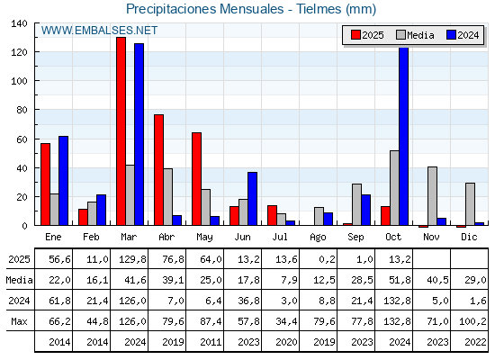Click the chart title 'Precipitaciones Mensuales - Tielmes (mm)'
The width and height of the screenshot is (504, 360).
pyautogui.click(x=251, y=9)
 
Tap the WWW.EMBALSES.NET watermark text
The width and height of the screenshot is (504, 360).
pyautogui.click(x=100, y=31)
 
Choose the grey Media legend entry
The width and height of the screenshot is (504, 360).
pyautogui.click(x=415, y=35)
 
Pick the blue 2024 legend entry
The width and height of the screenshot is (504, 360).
pyautogui.click(x=463, y=35)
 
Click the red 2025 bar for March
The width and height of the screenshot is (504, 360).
pyautogui.click(x=121, y=131)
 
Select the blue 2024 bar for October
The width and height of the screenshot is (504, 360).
pyautogui.click(x=403, y=137)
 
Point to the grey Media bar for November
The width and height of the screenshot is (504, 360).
pyautogui.click(x=432, y=196)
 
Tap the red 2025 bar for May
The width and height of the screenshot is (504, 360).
pyautogui.click(x=196, y=178)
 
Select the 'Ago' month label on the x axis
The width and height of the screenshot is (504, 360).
pyautogui.click(x=319, y=237)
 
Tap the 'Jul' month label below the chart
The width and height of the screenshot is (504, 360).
pyautogui.click(x=281, y=237)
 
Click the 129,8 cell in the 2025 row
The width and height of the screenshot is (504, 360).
pyautogui.click(x=130, y=259)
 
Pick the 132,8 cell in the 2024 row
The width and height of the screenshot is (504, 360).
pyautogui.click(x=394, y=301)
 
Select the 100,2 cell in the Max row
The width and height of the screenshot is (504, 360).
pyautogui.click(x=469, y=321)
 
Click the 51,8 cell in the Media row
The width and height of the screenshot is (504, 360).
pyautogui.click(x=394, y=280)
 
